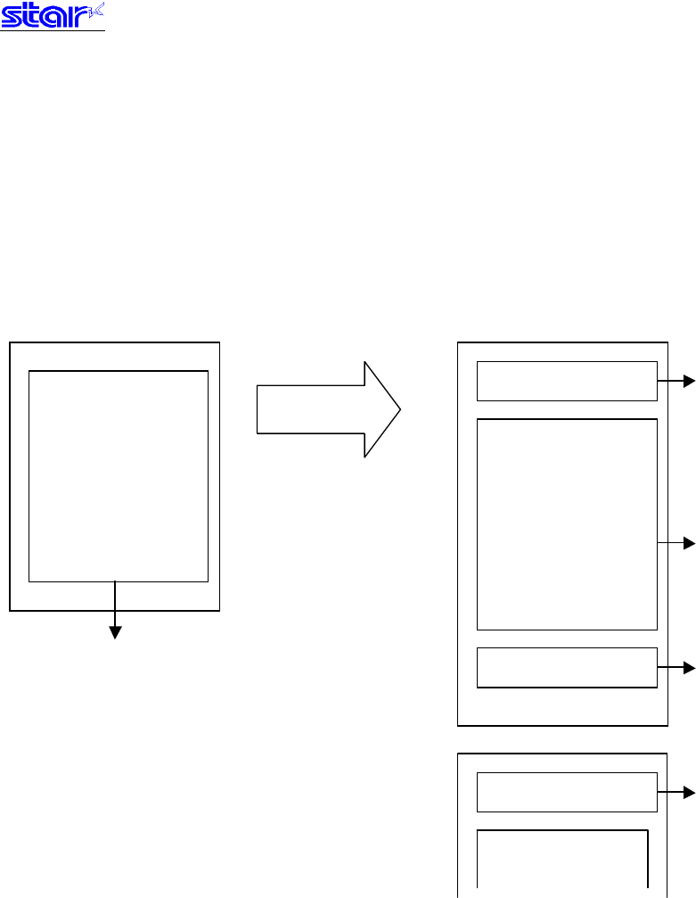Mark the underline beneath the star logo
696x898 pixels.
[53, 31]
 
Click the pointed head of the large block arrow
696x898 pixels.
[381, 409]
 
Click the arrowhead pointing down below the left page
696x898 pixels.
[115, 632]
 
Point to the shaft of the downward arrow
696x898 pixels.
[115, 604]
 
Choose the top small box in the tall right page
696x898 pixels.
[567, 382]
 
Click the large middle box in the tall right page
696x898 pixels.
[568, 523]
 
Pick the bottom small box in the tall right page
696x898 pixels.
[567, 667]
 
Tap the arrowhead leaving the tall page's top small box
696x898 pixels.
[688, 382]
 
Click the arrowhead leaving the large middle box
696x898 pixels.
[688, 542]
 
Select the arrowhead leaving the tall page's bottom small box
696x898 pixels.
[688, 667]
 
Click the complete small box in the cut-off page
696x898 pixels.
[567, 792]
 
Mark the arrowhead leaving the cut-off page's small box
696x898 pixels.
[688, 791]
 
